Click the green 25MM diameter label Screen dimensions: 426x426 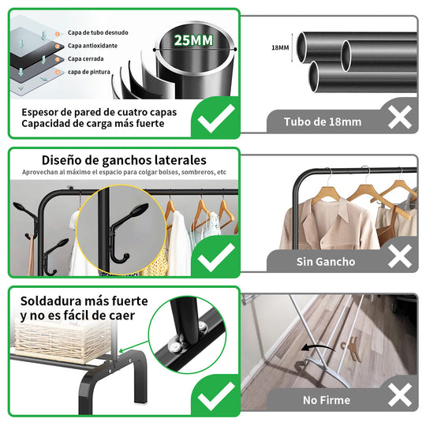(193, 40)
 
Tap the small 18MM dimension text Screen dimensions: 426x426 (280, 48)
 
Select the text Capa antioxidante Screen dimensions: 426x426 (92, 46)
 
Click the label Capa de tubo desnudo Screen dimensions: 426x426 (98, 32)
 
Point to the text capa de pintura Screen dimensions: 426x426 (89, 72)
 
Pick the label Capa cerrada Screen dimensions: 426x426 (85, 58)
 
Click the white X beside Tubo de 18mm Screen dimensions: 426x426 (400, 117)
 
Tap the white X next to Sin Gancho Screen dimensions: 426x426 (400, 256)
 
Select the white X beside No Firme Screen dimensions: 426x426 (400, 394)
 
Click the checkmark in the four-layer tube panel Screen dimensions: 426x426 (216, 118)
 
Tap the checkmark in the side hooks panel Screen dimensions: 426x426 (216, 256)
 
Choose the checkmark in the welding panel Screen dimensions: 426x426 (216, 395)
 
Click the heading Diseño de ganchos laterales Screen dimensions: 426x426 (124, 160)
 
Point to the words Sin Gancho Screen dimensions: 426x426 (326, 262)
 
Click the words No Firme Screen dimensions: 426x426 (327, 400)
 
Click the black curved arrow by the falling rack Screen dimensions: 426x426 (319, 347)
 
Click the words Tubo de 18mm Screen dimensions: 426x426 (323, 122)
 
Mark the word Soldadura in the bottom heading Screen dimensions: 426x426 (50, 301)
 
